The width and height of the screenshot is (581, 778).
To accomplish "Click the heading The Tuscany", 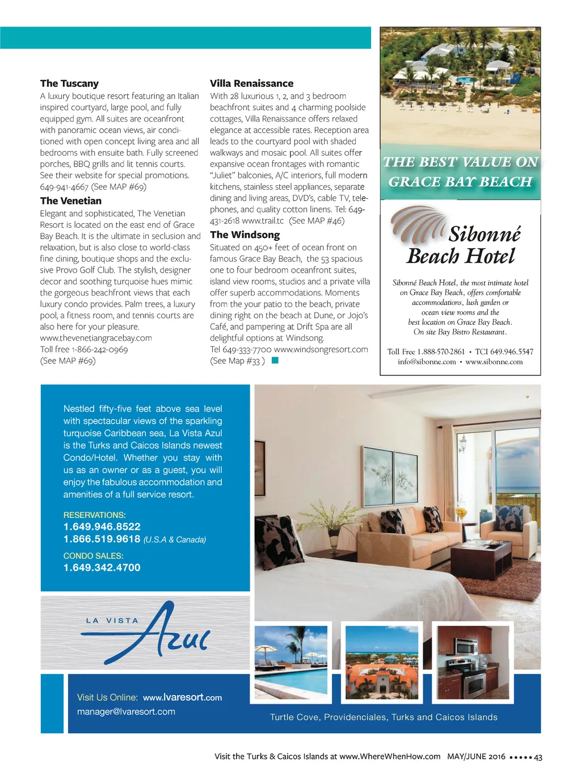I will (69, 83).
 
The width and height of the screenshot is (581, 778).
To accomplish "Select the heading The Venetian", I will (71, 201).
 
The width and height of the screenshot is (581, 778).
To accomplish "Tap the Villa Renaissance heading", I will (251, 83).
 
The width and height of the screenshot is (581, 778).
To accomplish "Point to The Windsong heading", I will (245, 235).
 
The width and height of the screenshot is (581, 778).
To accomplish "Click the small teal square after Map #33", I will (275, 361).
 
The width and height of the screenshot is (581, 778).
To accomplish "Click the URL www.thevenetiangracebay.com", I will (96, 338).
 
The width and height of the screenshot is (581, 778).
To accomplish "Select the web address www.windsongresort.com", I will (321, 349).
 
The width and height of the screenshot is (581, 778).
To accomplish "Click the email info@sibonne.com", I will (427, 362).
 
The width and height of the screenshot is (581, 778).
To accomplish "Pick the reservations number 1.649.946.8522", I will (102, 527).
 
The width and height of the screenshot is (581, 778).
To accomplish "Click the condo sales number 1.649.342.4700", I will (102, 568).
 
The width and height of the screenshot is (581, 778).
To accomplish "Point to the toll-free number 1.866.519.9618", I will (102, 539).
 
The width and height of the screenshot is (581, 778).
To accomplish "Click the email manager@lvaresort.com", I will (126, 712).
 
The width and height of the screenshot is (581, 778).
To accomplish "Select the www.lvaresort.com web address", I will (182, 697).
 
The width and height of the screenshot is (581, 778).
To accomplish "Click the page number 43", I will (538, 757).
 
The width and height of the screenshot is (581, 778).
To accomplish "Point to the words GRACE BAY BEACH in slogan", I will (460, 182).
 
